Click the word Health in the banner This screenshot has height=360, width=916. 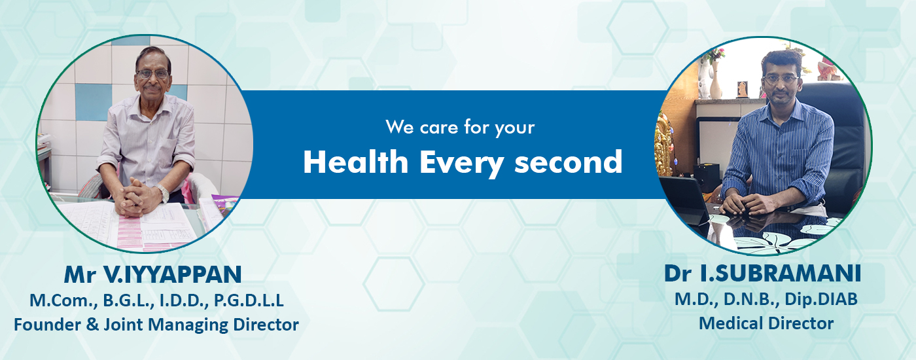(x=356, y=162)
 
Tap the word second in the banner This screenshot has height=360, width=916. (x=569, y=162)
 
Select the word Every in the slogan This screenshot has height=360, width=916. (x=461, y=164)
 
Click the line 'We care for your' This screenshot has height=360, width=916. (x=460, y=128)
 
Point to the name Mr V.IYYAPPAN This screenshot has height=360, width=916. (x=152, y=274)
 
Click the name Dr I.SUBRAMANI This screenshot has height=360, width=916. (x=763, y=274)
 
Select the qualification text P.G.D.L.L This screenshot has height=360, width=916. (x=249, y=300)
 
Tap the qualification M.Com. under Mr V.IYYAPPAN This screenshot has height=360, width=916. (x=64, y=300)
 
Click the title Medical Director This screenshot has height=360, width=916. (x=766, y=323)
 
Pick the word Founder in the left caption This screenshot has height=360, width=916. (x=47, y=325)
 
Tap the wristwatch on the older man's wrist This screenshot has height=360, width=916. (x=162, y=192)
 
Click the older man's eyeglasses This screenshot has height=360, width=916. (x=152, y=74)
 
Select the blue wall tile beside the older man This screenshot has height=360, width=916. (x=93, y=102)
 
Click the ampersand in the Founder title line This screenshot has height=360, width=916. (x=92, y=325)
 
